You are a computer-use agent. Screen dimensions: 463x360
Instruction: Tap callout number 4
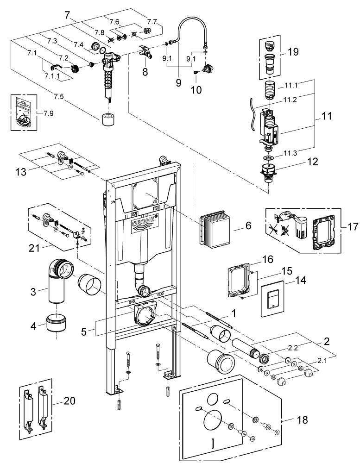(x=33, y=326)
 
